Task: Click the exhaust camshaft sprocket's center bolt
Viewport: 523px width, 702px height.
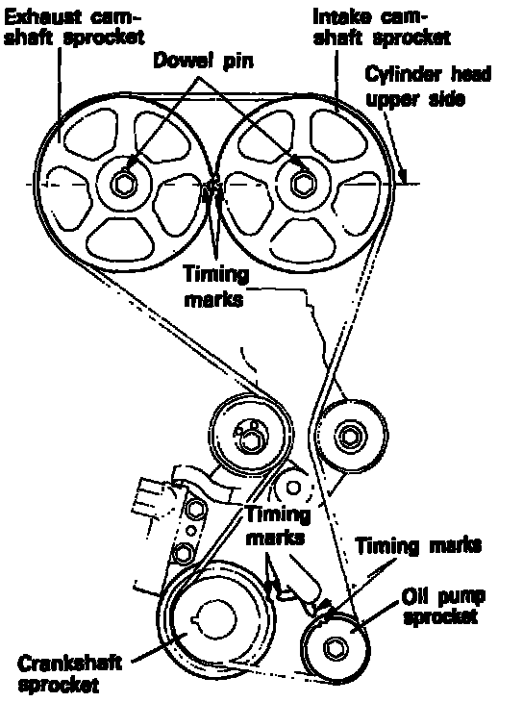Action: [123, 184]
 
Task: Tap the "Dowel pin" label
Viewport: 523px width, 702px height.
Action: [203, 61]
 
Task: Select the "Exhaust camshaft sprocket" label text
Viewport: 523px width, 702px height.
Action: [74, 28]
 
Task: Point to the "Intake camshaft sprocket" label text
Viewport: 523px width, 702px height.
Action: [382, 27]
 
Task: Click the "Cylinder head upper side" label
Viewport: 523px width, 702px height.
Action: [428, 86]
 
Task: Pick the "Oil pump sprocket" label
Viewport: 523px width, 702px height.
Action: [443, 606]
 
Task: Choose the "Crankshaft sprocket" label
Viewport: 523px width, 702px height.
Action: [68, 674]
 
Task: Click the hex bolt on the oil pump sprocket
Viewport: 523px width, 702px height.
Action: [335, 648]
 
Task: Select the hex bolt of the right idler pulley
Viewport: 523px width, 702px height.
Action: [349, 436]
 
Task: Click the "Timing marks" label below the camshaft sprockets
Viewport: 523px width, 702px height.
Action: [215, 286]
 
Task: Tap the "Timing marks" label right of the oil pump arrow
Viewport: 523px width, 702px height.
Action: [418, 546]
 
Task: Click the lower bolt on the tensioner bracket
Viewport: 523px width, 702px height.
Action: [183, 553]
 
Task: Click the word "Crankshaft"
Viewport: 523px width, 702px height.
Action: [69, 663]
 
